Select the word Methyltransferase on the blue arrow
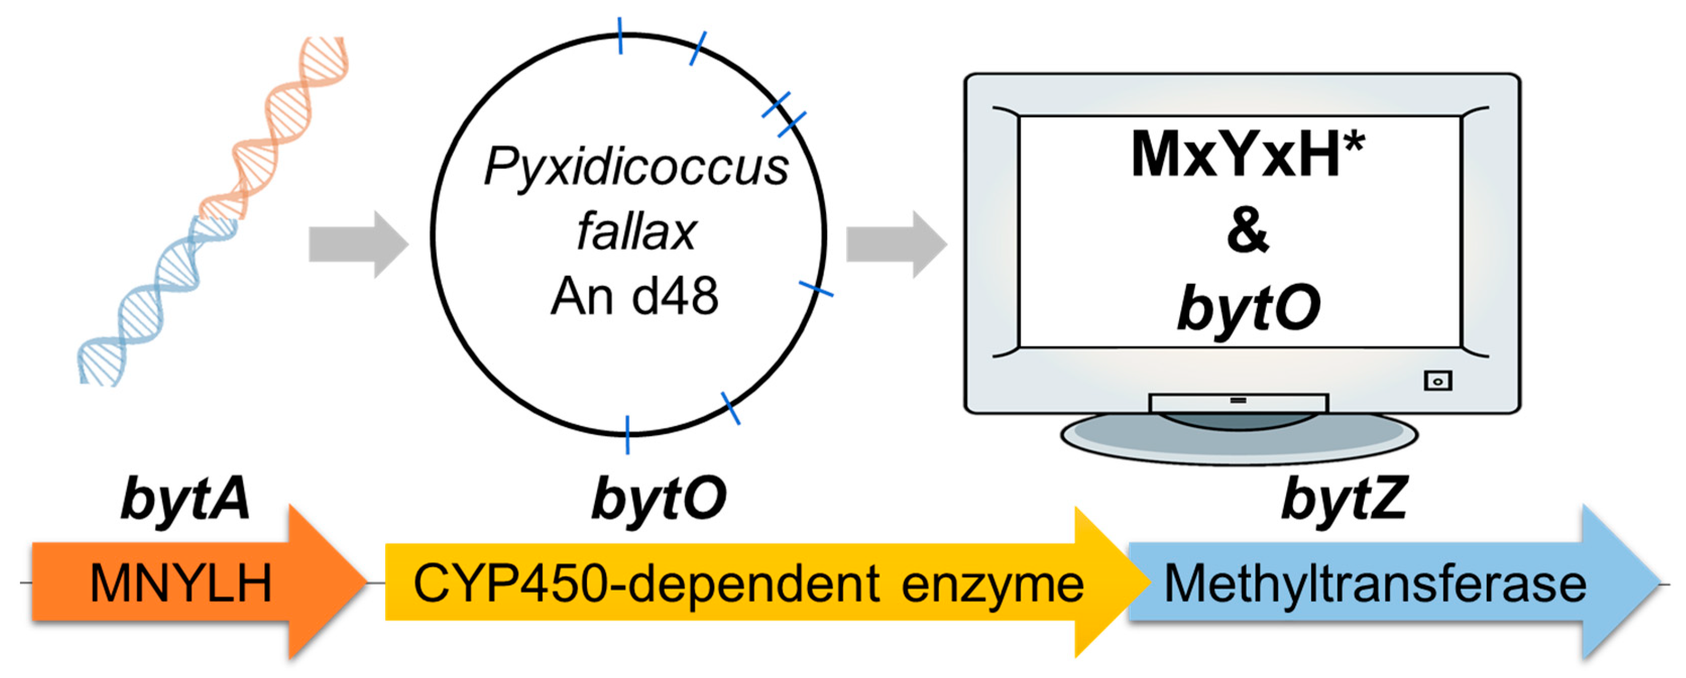pyautogui.click(x=1374, y=584)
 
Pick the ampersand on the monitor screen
pyautogui.click(x=1248, y=231)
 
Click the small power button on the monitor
pyautogui.click(x=1437, y=381)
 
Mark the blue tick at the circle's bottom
pyautogui.click(x=627, y=434)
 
